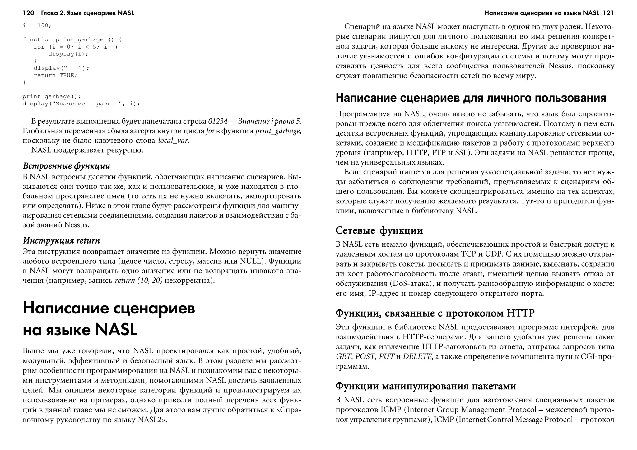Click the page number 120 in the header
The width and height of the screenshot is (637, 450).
[28, 13]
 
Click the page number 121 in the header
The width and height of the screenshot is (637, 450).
[608, 13]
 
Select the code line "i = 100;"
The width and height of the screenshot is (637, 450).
[37, 26]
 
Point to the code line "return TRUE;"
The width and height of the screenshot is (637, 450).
[55, 75]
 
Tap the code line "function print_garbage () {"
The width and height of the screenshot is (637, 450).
[72, 40]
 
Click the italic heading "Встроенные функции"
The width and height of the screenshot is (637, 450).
[67, 166]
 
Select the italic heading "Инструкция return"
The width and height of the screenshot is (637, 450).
[62, 241]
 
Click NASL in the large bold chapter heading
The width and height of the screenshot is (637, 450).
[116, 330]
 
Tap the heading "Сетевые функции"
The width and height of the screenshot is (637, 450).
[379, 231]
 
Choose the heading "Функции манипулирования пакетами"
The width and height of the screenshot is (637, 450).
[426, 386]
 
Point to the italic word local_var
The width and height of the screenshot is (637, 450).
[173, 141]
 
